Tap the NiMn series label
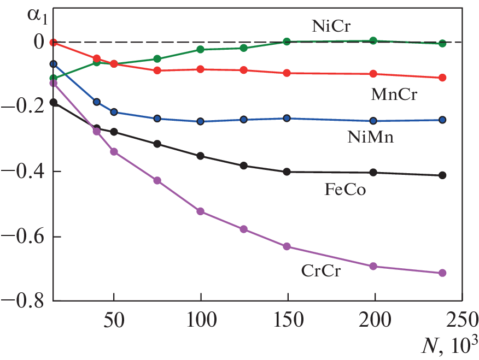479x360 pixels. coord(371,137)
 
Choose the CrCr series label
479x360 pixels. coord(320,270)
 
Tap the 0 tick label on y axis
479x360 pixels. coord(39,42)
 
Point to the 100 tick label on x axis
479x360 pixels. coord(201,319)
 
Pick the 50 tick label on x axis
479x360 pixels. coord(114,319)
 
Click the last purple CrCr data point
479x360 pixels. coord(443,273)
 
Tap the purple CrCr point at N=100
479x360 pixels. coord(201,211)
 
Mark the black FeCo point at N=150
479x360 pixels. coord(287,172)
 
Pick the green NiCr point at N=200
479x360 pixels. coord(373,40)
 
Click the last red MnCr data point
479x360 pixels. coord(443,78)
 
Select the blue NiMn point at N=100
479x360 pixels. coord(201,121)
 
